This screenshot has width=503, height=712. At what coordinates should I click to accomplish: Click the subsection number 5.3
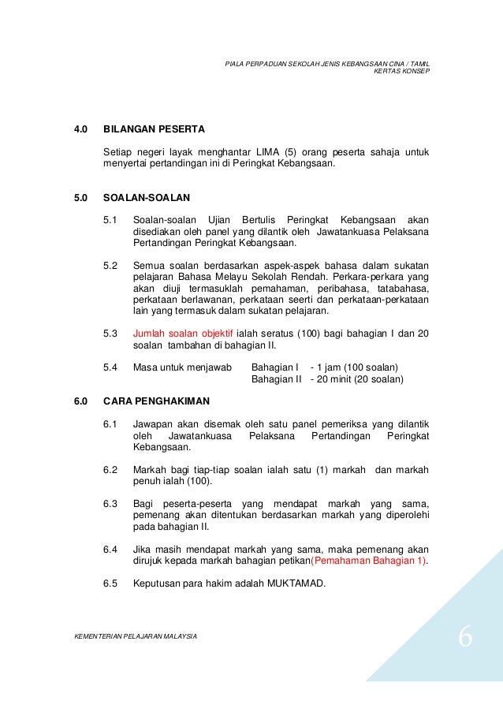(111, 334)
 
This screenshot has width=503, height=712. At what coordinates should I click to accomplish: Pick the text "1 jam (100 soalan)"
(358, 367)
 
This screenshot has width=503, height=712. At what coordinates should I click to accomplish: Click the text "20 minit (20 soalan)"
(360, 379)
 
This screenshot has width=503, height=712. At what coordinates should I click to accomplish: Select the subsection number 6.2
(111, 470)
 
